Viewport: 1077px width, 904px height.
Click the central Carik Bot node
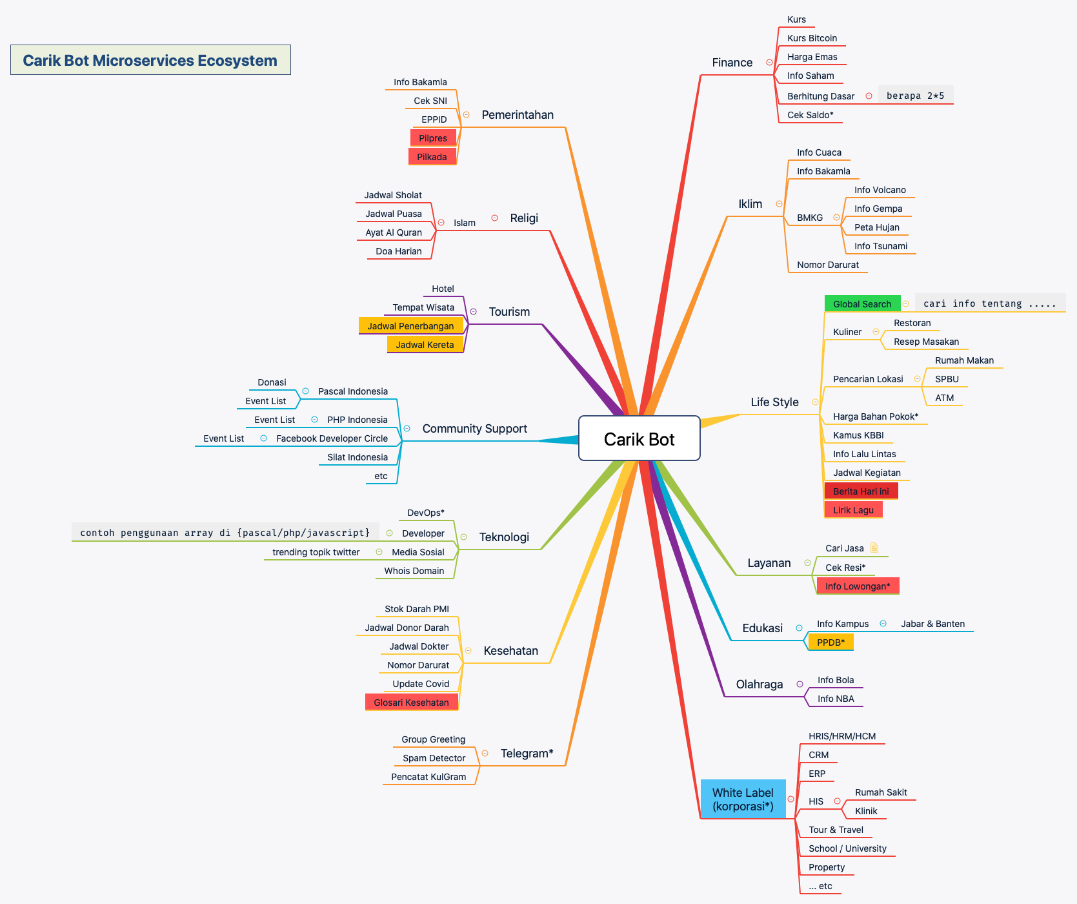pos(639,439)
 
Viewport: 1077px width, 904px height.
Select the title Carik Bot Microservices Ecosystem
pos(150,60)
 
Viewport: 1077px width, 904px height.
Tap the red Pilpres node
pos(433,138)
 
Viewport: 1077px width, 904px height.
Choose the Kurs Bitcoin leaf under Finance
pos(812,38)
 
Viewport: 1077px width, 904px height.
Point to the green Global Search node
pos(861,303)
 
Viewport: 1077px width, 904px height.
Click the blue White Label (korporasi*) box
pos(743,799)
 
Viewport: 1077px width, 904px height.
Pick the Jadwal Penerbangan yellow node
pos(410,326)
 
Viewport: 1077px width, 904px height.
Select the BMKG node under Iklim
pos(810,218)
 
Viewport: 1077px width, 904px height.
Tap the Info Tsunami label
pos(880,246)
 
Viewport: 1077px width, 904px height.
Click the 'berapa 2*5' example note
pos(915,96)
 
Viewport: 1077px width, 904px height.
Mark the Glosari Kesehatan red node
pos(411,703)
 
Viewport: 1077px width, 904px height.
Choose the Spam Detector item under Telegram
pos(434,758)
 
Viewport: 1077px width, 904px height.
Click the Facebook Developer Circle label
pos(332,438)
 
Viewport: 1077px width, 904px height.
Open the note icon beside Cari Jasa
pos(874,548)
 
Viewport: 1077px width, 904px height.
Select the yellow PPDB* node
pos(830,642)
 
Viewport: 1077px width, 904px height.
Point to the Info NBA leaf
pos(836,699)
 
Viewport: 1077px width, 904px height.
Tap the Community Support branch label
pos(474,429)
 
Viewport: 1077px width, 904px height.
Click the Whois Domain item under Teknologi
pos(414,571)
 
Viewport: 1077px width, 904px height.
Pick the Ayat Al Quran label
pos(394,232)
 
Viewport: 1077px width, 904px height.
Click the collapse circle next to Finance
pos(769,63)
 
